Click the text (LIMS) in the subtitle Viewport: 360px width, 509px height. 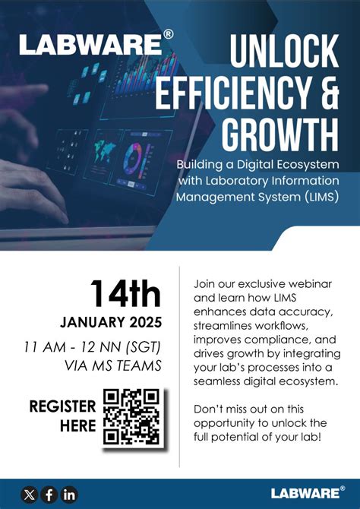pos(311,198)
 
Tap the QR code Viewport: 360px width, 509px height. pos(131,416)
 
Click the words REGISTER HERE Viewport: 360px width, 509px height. pos(62,416)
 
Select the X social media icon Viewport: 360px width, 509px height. pos(30,495)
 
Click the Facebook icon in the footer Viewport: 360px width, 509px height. pos(49,495)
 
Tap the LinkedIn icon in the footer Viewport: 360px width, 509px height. pos(69,495)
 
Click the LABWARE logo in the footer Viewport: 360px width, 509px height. pos(307,494)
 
